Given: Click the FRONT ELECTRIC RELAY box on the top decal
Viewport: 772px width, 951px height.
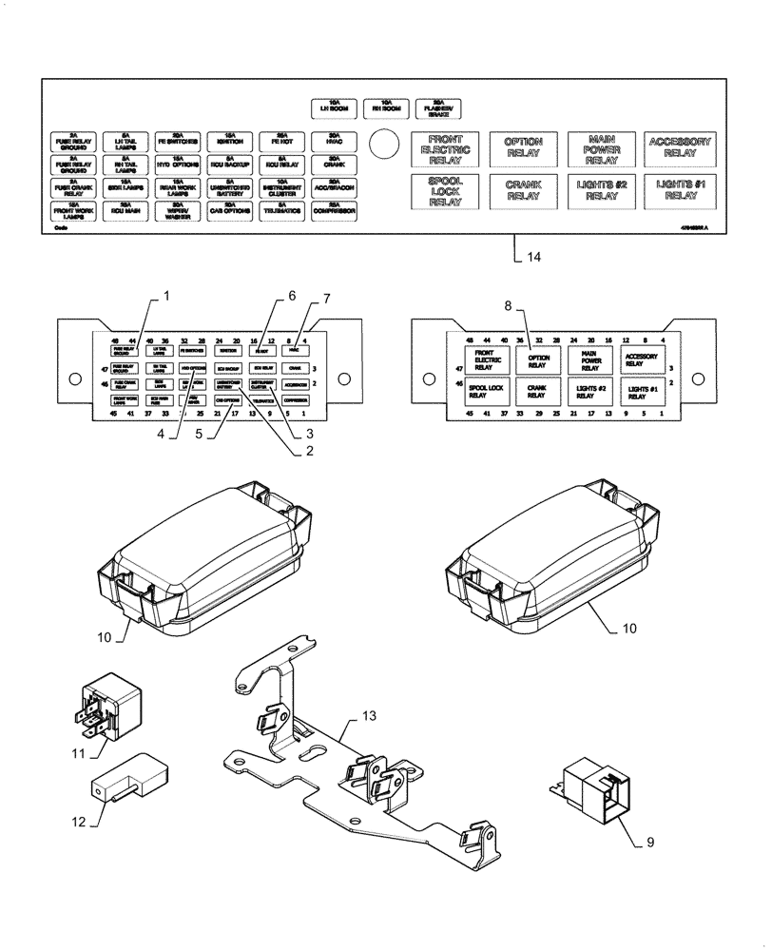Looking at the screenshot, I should [444, 150].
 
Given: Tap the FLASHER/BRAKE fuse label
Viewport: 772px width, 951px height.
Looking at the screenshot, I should [437, 107].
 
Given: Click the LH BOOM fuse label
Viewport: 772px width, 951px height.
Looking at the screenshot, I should [334, 107].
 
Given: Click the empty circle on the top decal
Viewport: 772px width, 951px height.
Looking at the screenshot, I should [382, 145].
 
